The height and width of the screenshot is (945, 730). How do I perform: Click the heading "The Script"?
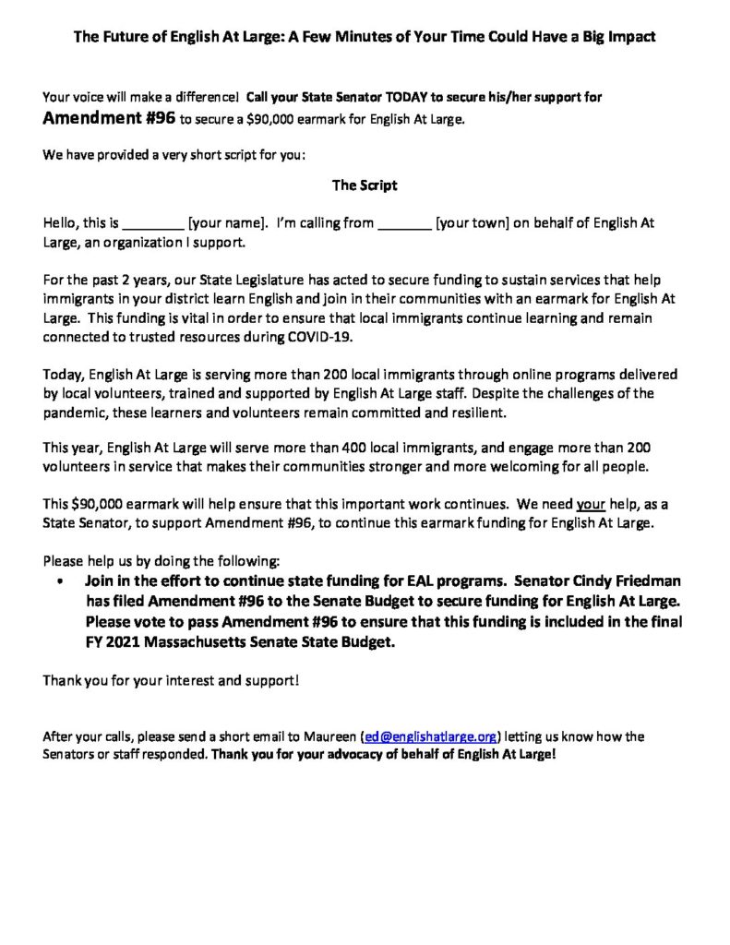tap(365, 185)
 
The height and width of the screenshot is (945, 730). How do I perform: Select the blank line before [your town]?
tap(404, 223)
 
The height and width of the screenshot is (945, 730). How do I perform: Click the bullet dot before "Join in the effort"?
tap(60, 583)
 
